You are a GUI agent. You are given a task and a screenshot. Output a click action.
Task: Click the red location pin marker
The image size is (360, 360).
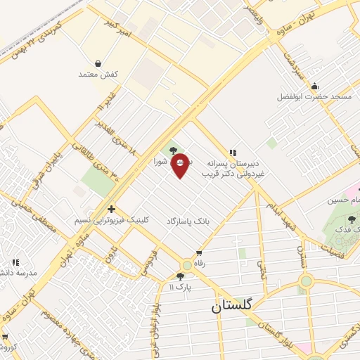180,165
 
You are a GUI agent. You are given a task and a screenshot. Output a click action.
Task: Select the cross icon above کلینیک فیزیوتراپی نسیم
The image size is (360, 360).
110,209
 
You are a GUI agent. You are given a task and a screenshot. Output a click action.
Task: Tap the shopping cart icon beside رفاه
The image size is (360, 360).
199,254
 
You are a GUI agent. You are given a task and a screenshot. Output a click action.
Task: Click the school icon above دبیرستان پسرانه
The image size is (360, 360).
232,151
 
